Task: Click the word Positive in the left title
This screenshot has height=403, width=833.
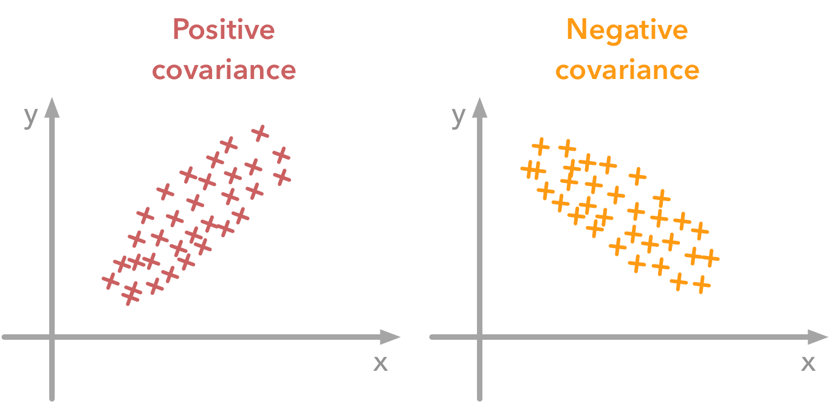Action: tap(224, 30)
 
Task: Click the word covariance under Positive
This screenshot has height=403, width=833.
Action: tap(224, 70)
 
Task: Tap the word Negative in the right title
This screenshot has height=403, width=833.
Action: tap(626, 30)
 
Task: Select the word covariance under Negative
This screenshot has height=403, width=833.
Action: tap(627, 70)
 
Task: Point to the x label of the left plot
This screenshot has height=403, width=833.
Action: tap(380, 362)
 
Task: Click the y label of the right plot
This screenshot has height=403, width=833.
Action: tap(459, 116)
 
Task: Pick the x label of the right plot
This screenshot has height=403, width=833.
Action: tap(808, 362)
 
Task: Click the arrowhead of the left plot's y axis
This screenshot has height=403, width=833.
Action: tap(52, 108)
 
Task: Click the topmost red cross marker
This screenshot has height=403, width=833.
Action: tap(260, 133)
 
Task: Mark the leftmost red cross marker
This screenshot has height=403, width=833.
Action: tap(111, 281)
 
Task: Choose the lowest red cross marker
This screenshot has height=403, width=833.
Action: tap(130, 297)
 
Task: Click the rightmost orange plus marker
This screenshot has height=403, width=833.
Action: tap(710, 258)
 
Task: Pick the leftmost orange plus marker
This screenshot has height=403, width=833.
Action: tap(529, 170)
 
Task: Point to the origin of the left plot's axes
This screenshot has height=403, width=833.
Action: tap(52, 336)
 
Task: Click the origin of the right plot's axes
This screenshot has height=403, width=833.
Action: tap(481, 336)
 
